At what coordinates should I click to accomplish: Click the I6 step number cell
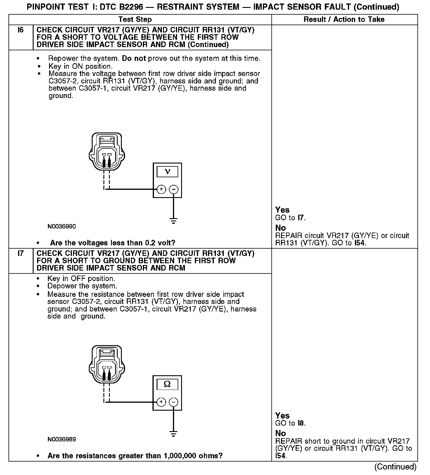tap(21, 30)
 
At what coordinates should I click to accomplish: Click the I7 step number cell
tap(21, 254)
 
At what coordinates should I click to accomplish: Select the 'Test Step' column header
tap(135, 20)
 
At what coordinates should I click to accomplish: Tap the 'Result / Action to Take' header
tap(344, 20)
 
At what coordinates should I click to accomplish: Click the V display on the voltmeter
tap(167, 171)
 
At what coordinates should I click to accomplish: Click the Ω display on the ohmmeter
tap(167, 384)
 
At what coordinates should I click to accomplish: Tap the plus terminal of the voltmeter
tap(161, 189)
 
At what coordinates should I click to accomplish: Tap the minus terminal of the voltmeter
tap(174, 189)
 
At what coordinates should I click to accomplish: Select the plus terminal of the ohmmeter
tap(161, 402)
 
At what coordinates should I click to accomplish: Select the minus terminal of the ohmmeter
tap(174, 402)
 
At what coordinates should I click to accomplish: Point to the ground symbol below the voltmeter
tap(174, 221)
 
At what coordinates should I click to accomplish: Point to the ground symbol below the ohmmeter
tap(174, 434)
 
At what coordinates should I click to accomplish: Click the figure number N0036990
tap(62, 226)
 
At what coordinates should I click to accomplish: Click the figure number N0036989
tap(62, 439)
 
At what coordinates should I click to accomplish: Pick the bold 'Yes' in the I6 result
tap(282, 210)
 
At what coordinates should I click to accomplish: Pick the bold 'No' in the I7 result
tap(280, 433)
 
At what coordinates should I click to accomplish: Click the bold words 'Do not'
tap(134, 58)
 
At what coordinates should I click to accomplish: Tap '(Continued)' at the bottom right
tap(395, 467)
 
